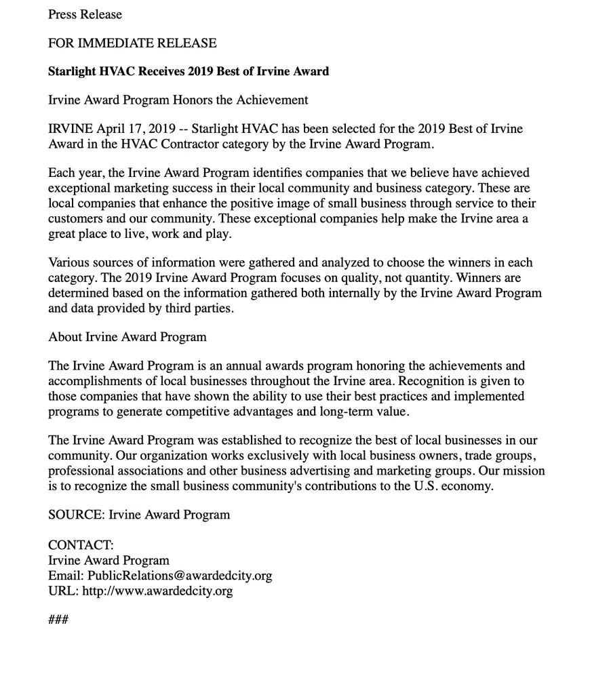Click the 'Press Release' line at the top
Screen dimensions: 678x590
point(85,14)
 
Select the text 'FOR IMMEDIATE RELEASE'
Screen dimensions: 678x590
point(132,43)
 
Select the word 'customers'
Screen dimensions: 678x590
point(75,218)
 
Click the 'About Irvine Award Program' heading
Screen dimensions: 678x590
point(127,337)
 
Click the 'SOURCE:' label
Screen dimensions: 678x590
point(77,515)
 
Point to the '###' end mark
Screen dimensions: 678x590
point(58,620)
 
